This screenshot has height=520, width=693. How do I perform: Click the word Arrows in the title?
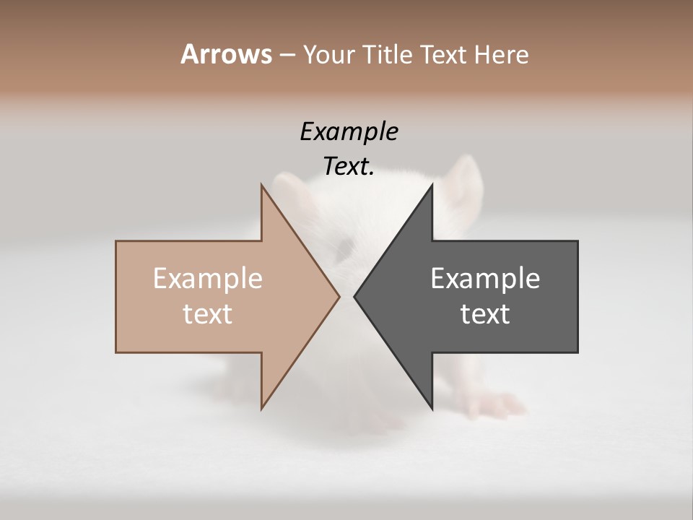(226, 54)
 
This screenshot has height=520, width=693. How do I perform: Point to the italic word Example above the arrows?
(349, 132)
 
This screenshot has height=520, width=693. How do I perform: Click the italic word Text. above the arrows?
(349, 167)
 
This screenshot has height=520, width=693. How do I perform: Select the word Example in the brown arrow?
(208, 279)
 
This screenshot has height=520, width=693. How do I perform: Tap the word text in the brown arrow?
(208, 313)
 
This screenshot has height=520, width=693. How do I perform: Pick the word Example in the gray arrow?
(485, 279)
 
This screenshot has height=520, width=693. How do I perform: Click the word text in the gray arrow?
(485, 313)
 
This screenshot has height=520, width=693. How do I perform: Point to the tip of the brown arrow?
(339, 296)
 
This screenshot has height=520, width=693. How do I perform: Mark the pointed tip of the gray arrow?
(354, 296)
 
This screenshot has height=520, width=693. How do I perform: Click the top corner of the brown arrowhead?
(262, 185)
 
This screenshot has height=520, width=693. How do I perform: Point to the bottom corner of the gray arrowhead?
(432, 409)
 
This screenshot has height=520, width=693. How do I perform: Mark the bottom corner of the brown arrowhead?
(262, 409)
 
